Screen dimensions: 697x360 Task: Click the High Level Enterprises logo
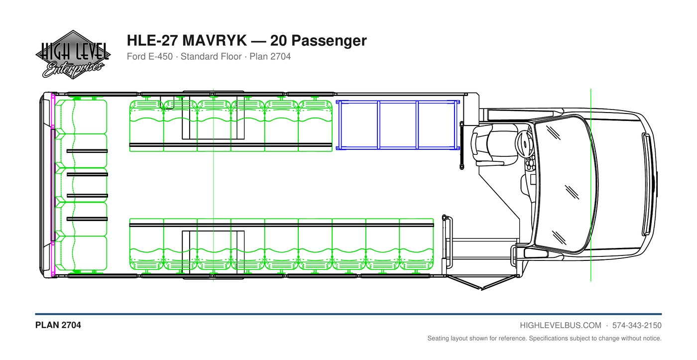(x=73, y=54)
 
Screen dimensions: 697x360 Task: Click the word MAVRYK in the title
(x=215, y=40)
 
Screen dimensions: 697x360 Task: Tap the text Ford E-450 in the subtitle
(x=150, y=57)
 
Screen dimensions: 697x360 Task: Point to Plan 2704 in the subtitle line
(x=270, y=57)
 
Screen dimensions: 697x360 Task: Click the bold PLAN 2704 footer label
(x=58, y=325)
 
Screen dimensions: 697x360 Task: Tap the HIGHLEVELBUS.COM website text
(x=561, y=326)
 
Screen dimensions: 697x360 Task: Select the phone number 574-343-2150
(x=637, y=326)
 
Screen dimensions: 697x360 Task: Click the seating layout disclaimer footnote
(x=544, y=338)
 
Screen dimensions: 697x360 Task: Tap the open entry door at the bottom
(x=482, y=282)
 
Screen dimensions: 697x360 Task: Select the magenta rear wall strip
(x=53, y=185)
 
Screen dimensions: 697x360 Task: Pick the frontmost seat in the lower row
(x=416, y=244)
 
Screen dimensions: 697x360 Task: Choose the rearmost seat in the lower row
(x=146, y=244)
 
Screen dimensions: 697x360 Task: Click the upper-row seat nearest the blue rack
(x=315, y=125)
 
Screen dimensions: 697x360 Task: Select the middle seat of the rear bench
(x=81, y=185)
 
